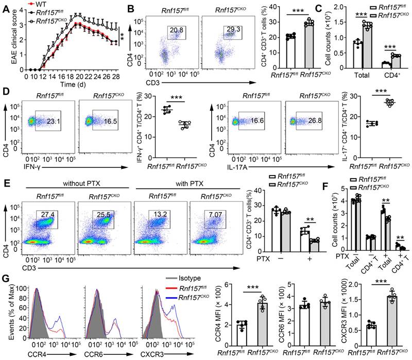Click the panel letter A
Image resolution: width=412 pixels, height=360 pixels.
point(6,7)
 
